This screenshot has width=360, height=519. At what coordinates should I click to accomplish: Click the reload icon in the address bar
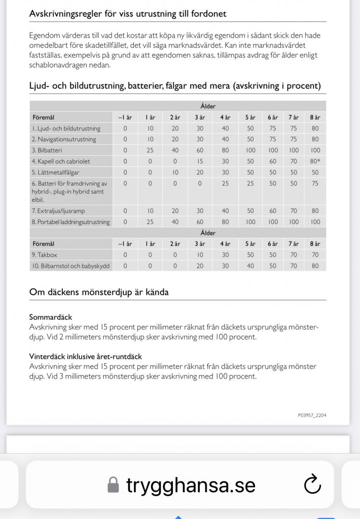[x=312, y=485]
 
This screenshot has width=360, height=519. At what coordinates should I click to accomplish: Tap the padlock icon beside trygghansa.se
[x=114, y=486]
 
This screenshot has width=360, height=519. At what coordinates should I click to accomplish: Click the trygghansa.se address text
[x=191, y=486]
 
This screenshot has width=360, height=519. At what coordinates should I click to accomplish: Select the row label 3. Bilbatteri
[x=47, y=151]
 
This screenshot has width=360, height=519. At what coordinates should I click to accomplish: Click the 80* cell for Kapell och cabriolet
[x=315, y=162]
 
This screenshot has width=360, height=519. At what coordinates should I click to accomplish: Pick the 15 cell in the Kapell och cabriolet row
[x=200, y=162]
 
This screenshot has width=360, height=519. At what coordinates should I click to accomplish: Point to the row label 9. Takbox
[x=45, y=255]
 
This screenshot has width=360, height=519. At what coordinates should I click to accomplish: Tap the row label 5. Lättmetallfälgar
[x=56, y=172]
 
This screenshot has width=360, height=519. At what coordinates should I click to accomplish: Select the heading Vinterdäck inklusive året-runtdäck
[x=85, y=356]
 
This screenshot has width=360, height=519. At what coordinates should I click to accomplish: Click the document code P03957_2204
[x=312, y=415]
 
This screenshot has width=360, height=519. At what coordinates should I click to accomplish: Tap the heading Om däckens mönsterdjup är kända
[x=99, y=292]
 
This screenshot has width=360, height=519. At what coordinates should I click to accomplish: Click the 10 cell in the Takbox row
[x=200, y=255]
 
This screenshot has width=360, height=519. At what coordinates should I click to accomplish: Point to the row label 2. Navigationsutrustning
[x=64, y=139]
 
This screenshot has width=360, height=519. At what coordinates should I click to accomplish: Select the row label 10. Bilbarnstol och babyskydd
[x=70, y=266]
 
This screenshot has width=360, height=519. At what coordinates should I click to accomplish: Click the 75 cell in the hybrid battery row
[x=315, y=183]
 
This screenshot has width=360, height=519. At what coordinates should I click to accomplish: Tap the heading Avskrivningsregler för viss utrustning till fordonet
[x=128, y=14]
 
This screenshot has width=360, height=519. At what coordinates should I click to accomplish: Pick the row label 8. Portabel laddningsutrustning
[x=70, y=222]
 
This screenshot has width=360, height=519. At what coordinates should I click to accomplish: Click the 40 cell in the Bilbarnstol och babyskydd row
[x=250, y=266]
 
